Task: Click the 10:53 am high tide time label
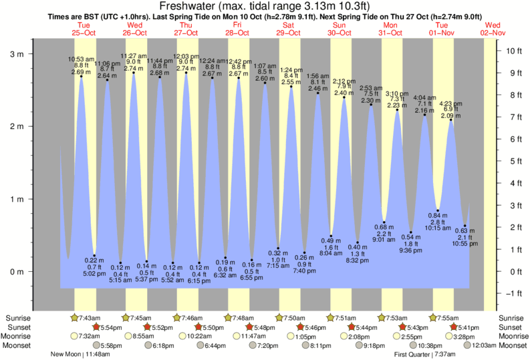tap(81, 59)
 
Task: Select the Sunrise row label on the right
tap(513, 317)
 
